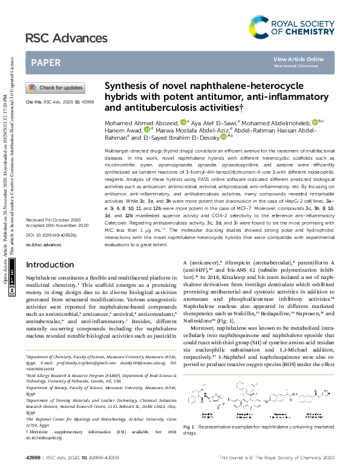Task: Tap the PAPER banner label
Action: coord(45,62)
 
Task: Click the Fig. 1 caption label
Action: coord(189,428)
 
